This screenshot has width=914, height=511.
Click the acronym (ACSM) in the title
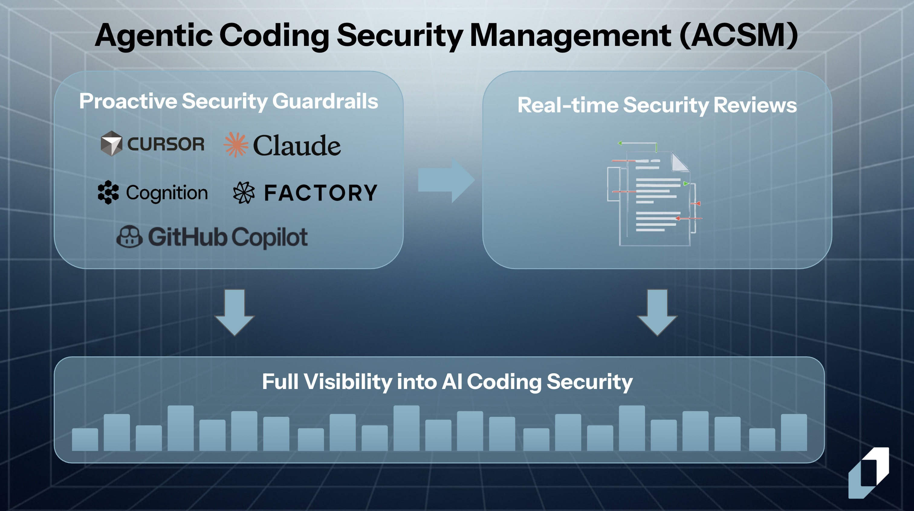point(739,35)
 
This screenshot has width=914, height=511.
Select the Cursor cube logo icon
point(112,144)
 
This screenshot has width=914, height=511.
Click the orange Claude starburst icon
point(235,145)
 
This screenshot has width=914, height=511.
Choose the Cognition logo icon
point(108,192)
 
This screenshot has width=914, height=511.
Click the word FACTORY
point(321,193)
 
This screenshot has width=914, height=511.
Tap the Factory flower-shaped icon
point(244,193)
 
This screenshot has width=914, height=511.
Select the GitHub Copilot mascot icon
point(129,236)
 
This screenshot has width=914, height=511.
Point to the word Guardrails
point(325,101)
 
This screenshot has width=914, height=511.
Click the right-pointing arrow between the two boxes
point(446,180)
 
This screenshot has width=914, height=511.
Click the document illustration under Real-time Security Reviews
point(655,194)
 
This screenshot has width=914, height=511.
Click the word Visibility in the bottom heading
point(348,382)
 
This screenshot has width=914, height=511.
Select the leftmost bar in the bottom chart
point(85,440)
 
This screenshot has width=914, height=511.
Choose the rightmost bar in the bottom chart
point(794,433)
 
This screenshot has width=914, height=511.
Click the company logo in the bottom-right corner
point(869,473)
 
